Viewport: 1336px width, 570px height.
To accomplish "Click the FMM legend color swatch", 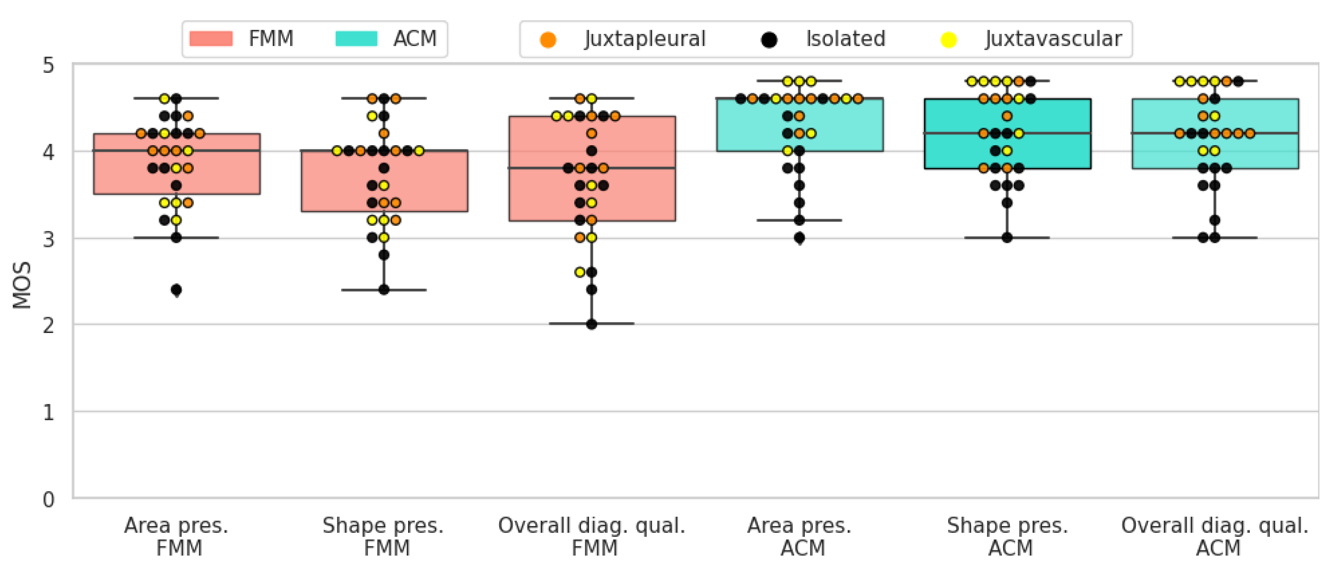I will pos(210,39).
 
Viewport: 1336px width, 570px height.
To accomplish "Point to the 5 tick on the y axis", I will pos(48,66).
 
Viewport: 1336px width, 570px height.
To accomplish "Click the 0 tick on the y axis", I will pos(48,499).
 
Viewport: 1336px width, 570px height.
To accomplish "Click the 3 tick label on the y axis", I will pos(48,239).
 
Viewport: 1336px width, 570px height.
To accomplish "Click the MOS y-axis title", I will pos(22,285).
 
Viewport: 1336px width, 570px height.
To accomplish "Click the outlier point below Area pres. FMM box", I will pos(176,290).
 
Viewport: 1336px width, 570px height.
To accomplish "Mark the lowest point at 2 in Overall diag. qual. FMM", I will pos(591,324).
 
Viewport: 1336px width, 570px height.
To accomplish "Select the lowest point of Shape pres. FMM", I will pos(384,290).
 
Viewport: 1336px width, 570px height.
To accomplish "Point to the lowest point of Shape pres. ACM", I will pos(1007,237).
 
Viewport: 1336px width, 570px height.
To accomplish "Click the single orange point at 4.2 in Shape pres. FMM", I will pos(384,133).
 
